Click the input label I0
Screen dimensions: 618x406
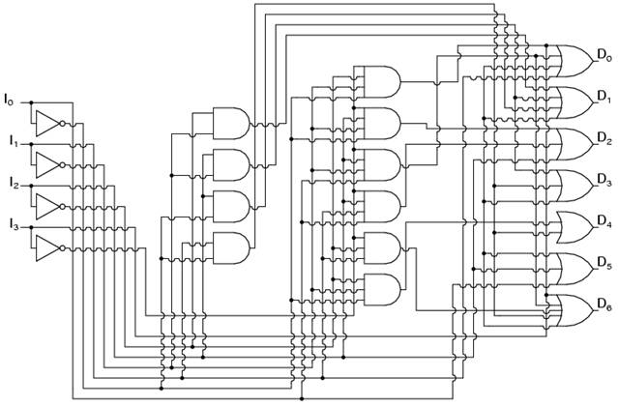(9, 99)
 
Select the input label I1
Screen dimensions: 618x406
(15, 140)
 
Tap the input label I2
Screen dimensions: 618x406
(15, 183)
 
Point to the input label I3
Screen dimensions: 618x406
(15, 224)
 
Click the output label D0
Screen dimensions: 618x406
(604, 55)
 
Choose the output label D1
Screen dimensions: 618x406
(604, 96)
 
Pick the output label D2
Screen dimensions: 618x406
(604, 138)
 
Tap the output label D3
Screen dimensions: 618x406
(604, 180)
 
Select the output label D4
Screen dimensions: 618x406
(604, 221)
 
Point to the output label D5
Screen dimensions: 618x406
(604, 263)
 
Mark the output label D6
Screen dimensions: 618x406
(604, 304)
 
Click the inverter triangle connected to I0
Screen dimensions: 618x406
(48, 124)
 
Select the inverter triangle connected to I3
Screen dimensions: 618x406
(48, 248)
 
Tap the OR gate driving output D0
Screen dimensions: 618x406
(574, 61)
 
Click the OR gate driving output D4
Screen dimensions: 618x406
(574, 227)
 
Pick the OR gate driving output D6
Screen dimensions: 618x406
(574, 310)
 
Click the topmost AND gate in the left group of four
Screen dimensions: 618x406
(231, 124)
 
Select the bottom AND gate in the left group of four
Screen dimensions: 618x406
(231, 248)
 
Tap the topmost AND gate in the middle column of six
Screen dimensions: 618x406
(382, 82)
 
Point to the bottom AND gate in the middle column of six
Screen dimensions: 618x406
(382, 290)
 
